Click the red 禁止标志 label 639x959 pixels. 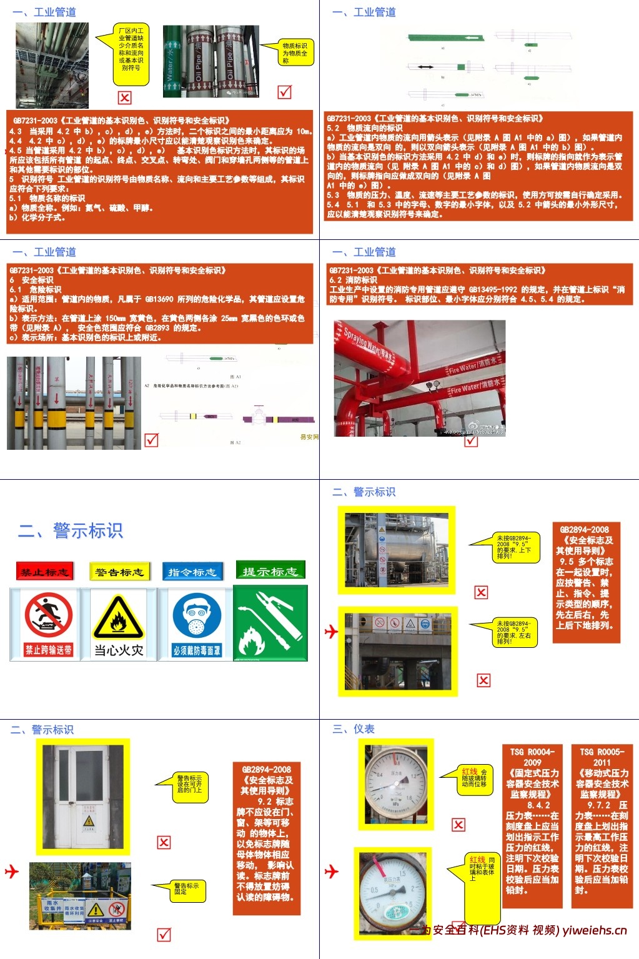(x=44, y=571)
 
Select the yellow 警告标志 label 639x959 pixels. (x=119, y=571)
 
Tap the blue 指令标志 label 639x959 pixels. (x=192, y=571)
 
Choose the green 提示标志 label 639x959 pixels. (x=270, y=570)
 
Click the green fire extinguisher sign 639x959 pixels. (x=270, y=624)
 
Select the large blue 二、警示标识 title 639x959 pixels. (x=71, y=530)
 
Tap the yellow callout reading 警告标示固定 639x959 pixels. (x=187, y=889)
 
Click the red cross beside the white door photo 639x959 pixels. (x=164, y=842)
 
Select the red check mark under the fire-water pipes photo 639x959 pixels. (x=471, y=440)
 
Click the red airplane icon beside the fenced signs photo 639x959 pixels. (x=12, y=871)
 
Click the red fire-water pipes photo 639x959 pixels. (x=419, y=378)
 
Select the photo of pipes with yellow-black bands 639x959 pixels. (x=74, y=403)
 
